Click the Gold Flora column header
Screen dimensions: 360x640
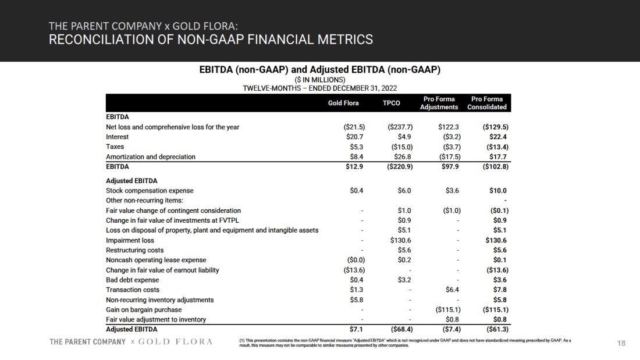tap(343, 103)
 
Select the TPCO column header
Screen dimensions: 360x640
tap(392, 103)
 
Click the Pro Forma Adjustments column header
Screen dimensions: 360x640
tap(439, 103)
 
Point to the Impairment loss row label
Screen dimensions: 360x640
tap(130, 240)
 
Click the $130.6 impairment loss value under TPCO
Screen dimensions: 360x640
tap(401, 240)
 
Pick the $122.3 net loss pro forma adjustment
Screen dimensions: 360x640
tap(449, 127)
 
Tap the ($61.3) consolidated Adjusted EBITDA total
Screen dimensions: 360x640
tap(495, 330)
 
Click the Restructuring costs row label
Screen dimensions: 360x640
tap(134, 250)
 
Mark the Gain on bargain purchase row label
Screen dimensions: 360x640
tap(144, 310)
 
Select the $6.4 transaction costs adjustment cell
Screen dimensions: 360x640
tap(453, 290)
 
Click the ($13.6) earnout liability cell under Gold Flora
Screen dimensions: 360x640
tap(354, 270)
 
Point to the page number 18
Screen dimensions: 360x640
tap(621, 344)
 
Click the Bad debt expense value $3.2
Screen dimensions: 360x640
tap(404, 280)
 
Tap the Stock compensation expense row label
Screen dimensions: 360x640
tap(150, 191)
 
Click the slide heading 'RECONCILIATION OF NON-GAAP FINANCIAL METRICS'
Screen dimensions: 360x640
tap(211, 40)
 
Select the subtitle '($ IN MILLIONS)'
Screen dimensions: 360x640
tap(319, 80)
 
